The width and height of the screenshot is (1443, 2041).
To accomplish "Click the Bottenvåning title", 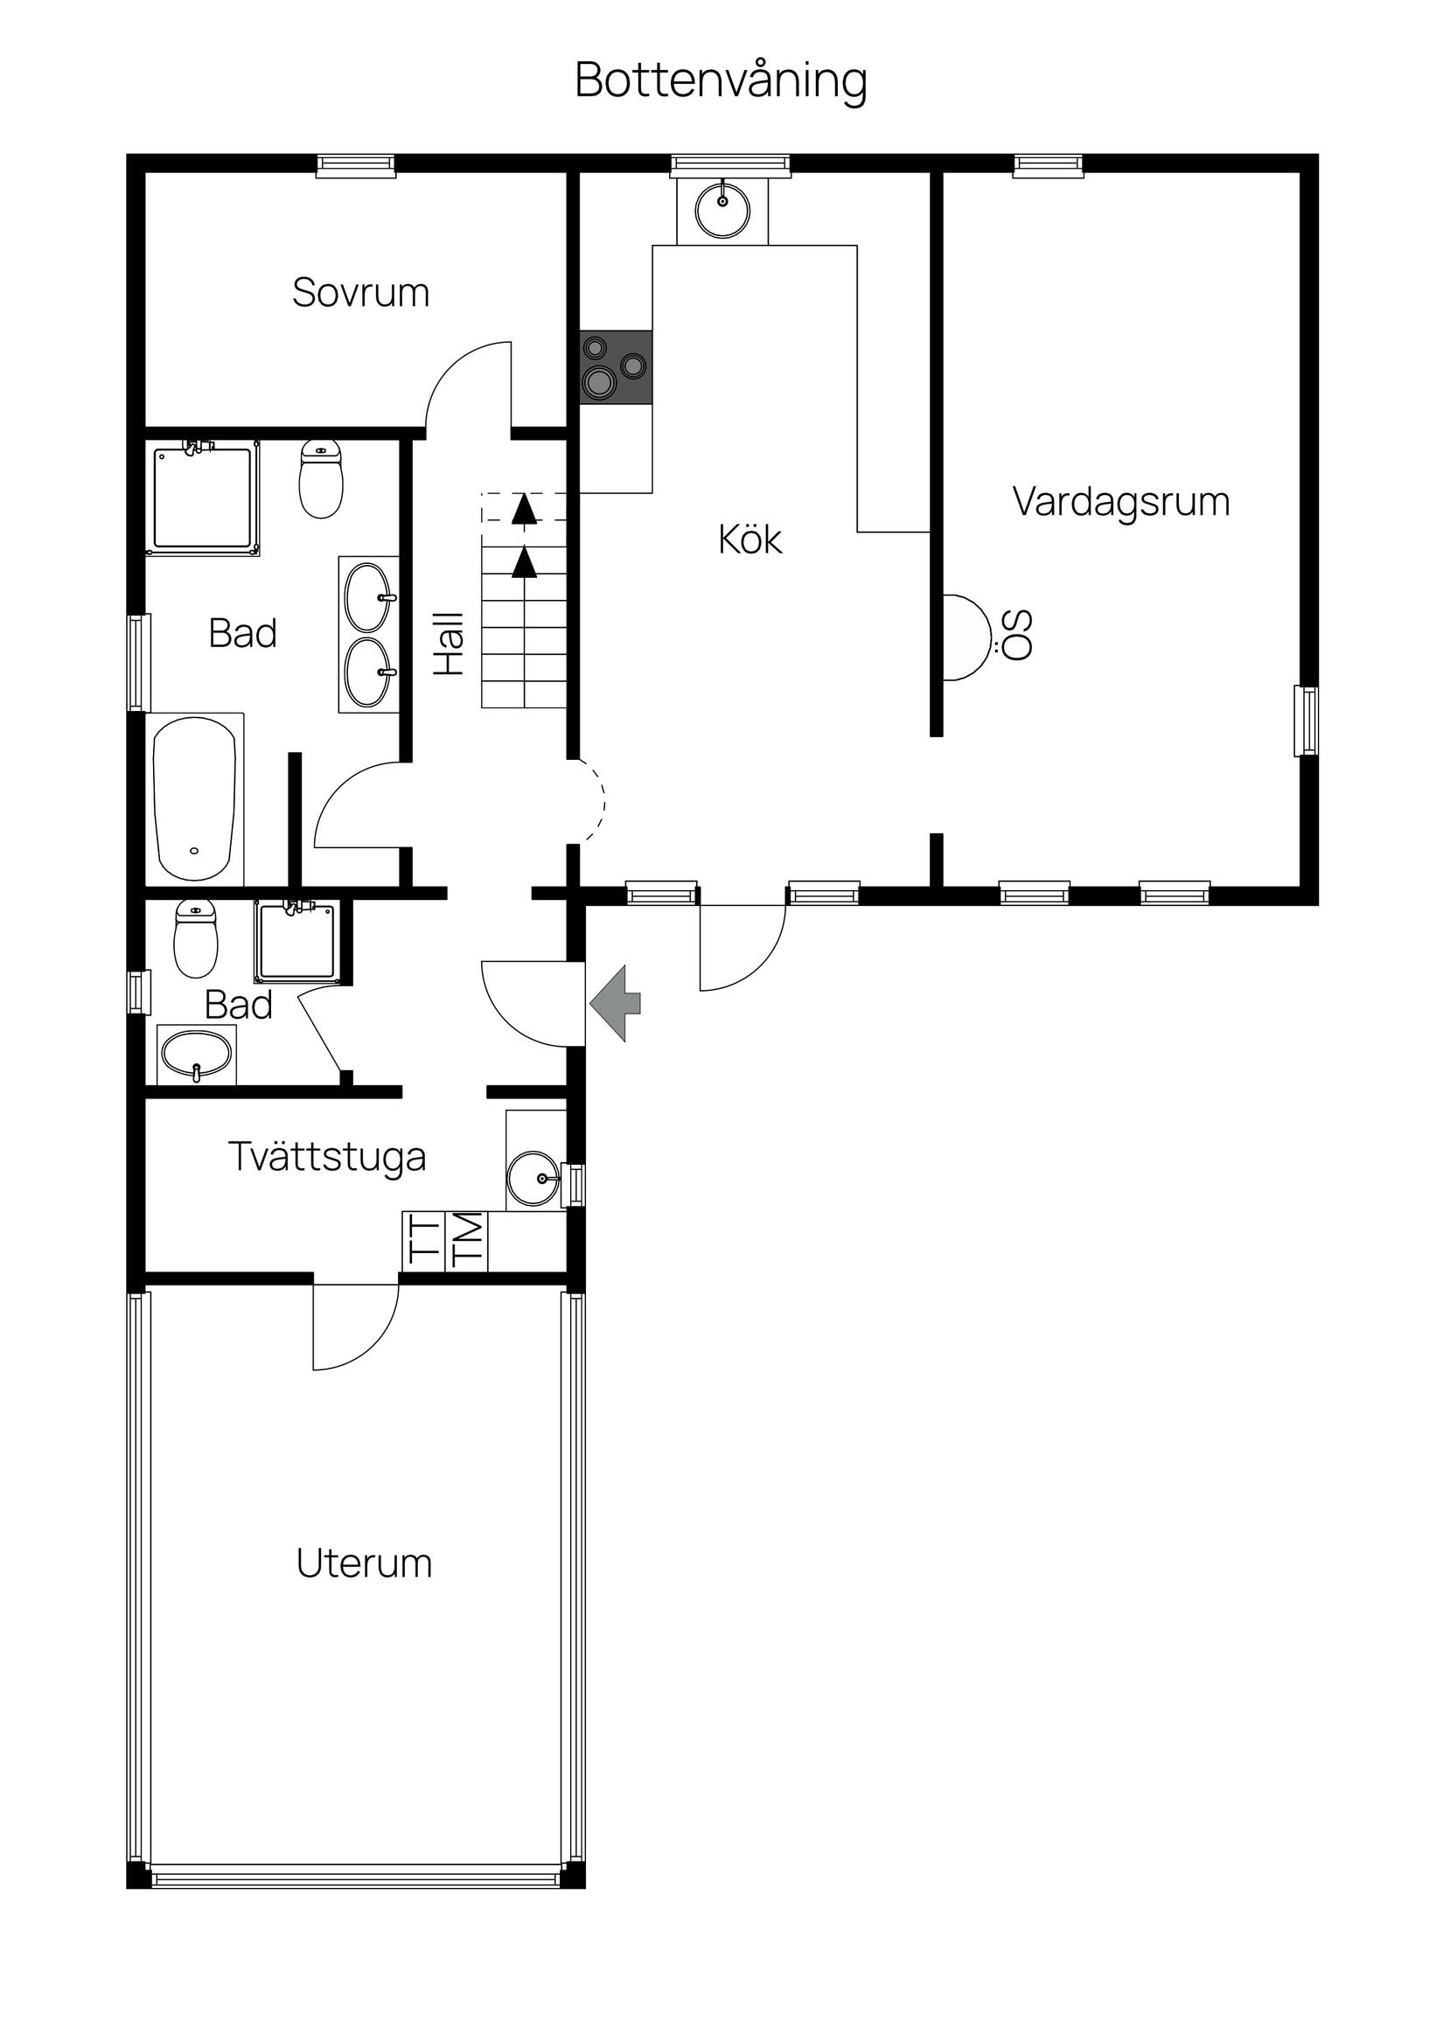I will click(x=721, y=81).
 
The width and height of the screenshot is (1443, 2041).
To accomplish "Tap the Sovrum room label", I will click(x=361, y=292).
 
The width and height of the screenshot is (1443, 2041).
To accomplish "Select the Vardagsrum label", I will click(x=1121, y=501).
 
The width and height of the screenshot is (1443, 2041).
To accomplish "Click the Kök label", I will click(x=750, y=540).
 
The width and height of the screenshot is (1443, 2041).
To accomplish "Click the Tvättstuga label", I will click(x=327, y=1157).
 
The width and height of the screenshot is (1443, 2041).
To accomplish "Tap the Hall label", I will click(x=450, y=643).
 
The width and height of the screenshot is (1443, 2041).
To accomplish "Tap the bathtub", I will click(x=195, y=799).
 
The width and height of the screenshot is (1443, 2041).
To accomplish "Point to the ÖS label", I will click(x=1018, y=635).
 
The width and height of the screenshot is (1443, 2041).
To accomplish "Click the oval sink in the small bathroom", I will click(x=197, y=1055).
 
